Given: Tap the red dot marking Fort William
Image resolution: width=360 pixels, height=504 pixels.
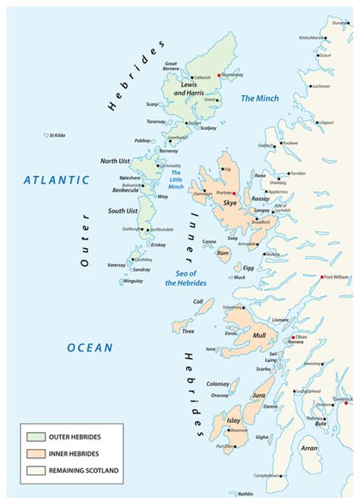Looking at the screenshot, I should [x=322, y=276].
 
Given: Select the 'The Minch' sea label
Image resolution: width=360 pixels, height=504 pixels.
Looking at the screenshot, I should [x=259, y=99].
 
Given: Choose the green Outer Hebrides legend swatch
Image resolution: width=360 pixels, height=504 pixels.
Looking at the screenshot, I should [x=35, y=437].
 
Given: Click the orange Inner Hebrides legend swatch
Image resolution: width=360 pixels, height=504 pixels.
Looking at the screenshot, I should [x=35, y=454].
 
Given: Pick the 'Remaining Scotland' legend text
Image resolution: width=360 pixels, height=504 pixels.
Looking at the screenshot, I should [x=84, y=471].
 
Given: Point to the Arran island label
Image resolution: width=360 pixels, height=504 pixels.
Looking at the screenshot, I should [x=331, y=449].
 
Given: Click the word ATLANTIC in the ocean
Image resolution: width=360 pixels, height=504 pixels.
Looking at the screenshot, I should [x=56, y=181].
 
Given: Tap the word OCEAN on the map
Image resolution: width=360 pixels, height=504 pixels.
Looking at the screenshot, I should [x=89, y=348].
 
